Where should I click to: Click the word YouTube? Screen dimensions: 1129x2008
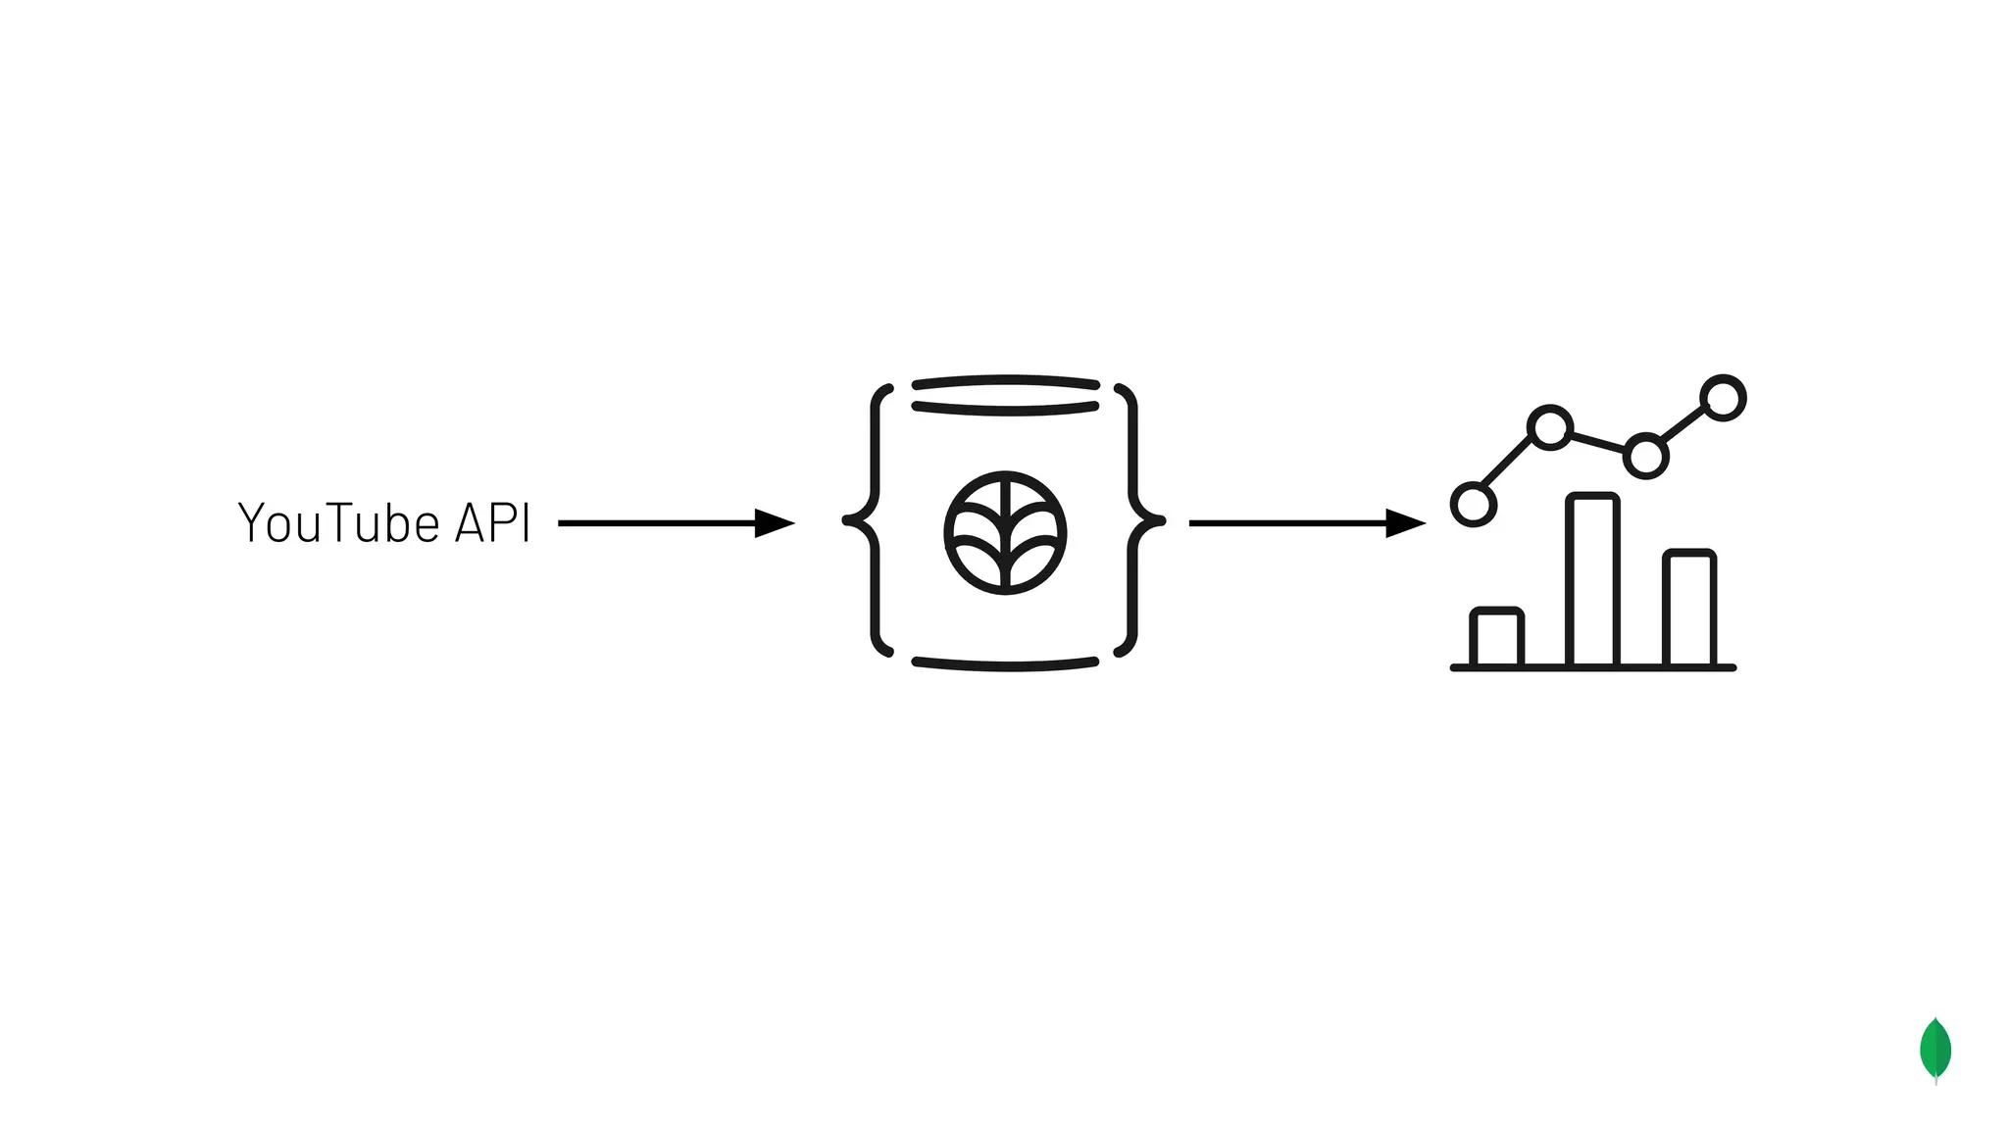click(x=338, y=523)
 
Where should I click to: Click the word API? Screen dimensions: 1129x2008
click(x=493, y=523)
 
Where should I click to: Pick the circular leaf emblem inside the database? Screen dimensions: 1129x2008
click(x=1005, y=532)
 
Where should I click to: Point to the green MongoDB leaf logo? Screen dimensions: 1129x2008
click(x=1935, y=1051)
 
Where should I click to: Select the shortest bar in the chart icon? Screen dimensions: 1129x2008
click(x=1496, y=638)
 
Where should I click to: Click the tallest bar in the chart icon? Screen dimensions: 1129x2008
click(x=1592, y=580)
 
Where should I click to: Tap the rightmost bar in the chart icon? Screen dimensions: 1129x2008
click(x=1688, y=609)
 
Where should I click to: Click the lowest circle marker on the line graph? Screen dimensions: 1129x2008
click(x=1473, y=505)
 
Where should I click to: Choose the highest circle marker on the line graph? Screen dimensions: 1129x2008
click(x=1723, y=399)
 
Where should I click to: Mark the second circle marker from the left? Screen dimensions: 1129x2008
click(x=1550, y=428)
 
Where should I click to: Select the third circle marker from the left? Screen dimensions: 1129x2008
click(x=1646, y=456)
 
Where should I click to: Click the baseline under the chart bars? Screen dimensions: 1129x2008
click(x=1593, y=668)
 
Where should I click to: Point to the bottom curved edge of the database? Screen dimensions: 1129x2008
click(x=1005, y=664)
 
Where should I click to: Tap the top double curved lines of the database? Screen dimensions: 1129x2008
click(x=1005, y=394)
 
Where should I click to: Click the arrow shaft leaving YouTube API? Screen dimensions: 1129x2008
click(x=657, y=523)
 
